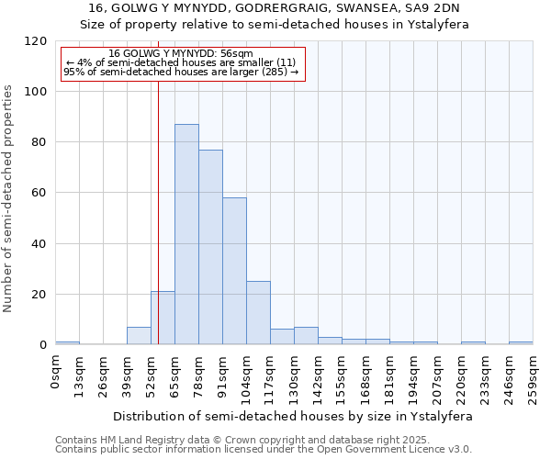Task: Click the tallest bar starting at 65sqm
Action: click(186, 234)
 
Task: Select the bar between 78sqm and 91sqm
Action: click(210, 247)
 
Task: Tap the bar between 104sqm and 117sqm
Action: click(258, 313)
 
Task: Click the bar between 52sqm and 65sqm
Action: click(163, 318)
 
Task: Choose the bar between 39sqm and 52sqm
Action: click(139, 336)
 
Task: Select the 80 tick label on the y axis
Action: click(39, 142)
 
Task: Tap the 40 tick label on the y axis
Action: click(39, 244)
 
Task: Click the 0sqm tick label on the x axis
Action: click(56, 373)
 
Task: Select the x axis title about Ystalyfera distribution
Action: click(293, 416)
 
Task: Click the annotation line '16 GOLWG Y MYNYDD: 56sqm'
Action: click(181, 54)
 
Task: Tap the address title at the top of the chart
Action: click(275, 8)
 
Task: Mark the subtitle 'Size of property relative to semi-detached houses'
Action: click(275, 25)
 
